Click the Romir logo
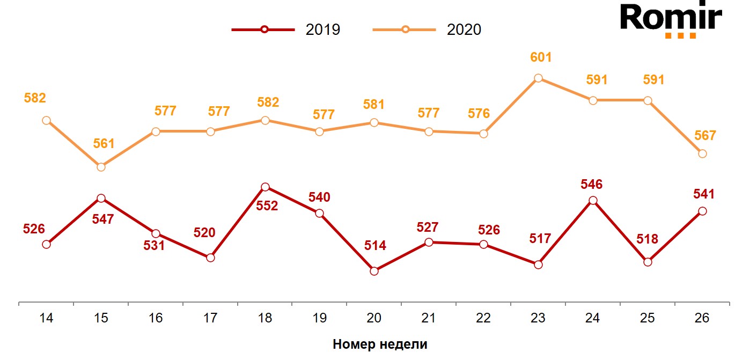[x=671, y=20]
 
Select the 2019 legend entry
[x=286, y=30]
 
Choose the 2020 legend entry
[x=428, y=30]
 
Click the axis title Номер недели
[x=380, y=344]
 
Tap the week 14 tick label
[x=46, y=318]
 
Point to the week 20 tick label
[x=374, y=318]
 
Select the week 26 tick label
[x=702, y=318]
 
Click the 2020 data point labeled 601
[x=538, y=78]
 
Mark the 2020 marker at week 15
[x=101, y=167]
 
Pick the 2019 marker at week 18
[x=264, y=187]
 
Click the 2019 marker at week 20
[x=374, y=271]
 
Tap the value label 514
[x=375, y=246]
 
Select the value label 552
[x=267, y=205]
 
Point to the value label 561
[x=104, y=143]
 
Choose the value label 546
[x=592, y=185]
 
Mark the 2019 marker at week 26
[x=702, y=211]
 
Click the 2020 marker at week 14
[x=46, y=120]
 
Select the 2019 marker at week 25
[x=648, y=262]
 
